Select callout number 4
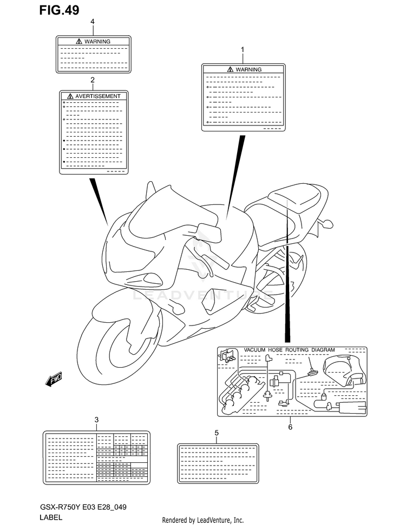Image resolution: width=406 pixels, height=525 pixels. tap(93, 21)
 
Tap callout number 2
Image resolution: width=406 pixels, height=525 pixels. tap(93, 79)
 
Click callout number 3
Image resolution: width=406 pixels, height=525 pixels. tap(96, 420)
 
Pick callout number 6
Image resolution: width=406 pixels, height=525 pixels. tap(290, 427)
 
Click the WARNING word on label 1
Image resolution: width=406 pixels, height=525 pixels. tap(248, 69)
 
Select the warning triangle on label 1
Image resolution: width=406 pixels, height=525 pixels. tap(231, 69)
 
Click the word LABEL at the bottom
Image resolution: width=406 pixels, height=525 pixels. tap(51, 517)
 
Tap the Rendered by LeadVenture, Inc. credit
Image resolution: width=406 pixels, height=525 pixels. tap(203, 520)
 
